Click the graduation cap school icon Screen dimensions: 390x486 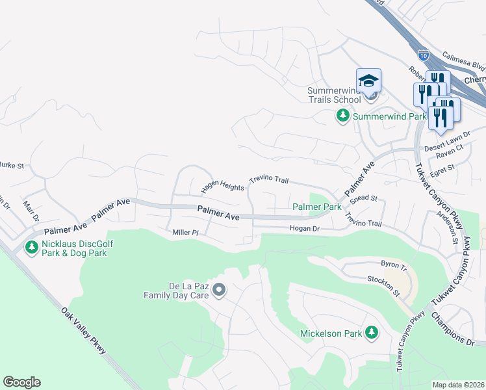click(368, 81)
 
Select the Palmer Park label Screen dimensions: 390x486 click(316, 207)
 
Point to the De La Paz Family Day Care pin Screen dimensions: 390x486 click(219, 290)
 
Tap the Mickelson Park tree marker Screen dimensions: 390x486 click(371, 333)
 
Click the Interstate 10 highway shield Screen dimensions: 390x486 click(423, 56)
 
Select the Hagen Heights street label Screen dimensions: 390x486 click(222, 187)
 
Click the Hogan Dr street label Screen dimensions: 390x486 click(304, 228)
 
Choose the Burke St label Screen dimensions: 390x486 click(12, 166)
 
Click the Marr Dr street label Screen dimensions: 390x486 click(31, 210)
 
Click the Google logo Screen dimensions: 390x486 click(21, 382)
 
